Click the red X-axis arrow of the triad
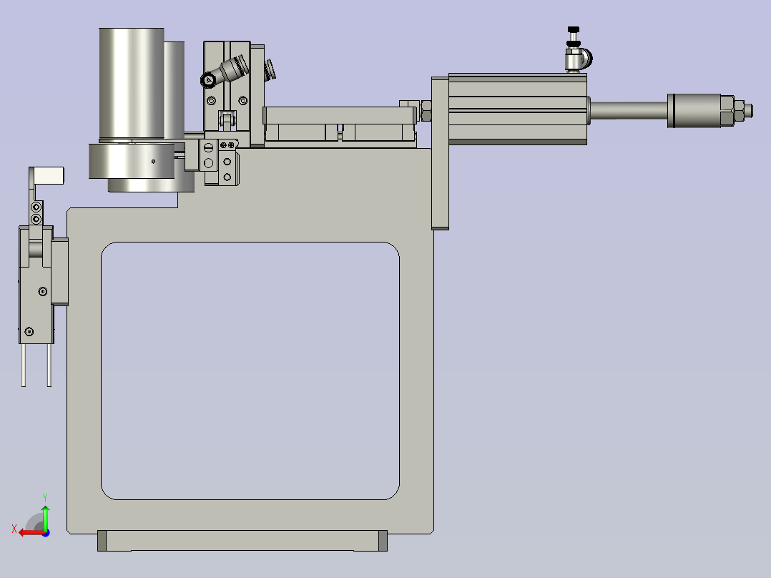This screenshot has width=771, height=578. point(27,532)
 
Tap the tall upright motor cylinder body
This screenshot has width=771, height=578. point(131,82)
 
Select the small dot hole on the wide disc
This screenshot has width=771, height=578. point(153,161)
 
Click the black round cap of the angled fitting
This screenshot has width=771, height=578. point(208,80)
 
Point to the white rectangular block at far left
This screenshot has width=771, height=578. point(49,174)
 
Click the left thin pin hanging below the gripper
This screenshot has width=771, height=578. point(24,365)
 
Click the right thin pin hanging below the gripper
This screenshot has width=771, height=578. point(49,365)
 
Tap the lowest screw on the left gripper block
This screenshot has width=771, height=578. point(29,331)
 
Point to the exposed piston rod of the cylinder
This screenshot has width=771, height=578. point(627,110)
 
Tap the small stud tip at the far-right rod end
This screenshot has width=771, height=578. point(748,110)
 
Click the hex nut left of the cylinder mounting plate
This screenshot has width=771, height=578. point(426,111)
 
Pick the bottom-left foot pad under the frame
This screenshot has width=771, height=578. point(102,541)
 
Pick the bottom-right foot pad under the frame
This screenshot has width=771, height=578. point(382,541)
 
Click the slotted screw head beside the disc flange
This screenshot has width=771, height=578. point(209,148)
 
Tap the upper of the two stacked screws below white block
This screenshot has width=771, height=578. point(36,207)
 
